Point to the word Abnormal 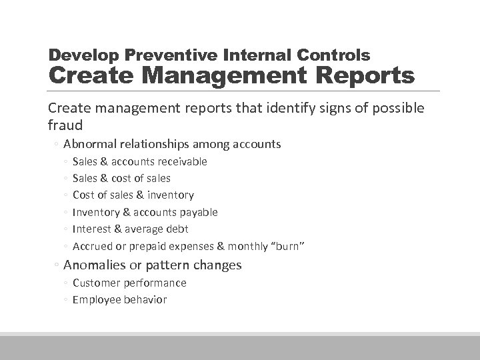coord(90,144)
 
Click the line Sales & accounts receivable coord(139,161)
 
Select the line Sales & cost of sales coord(121,178)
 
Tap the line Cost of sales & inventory coord(133,195)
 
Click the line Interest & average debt coord(130,229)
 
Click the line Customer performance coord(129,283)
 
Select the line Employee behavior coord(119,299)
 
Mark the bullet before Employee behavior coord(66,300)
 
